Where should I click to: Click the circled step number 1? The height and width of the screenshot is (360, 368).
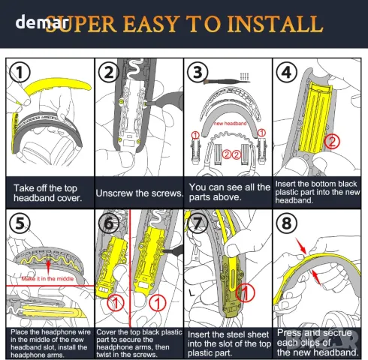point(20,72)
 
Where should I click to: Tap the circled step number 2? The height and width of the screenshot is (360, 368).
point(109,72)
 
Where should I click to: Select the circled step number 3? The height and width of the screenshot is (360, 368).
point(198,72)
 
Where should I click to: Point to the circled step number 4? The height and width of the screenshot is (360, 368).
point(287,72)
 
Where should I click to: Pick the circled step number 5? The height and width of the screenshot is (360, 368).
point(20,223)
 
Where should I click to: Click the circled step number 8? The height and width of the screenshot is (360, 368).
point(287,223)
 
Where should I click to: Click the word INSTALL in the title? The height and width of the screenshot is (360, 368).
point(275,24)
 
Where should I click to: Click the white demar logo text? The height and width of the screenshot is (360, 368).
point(41,22)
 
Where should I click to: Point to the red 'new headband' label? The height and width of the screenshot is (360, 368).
point(230,123)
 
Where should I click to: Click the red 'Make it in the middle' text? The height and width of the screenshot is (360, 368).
point(47,278)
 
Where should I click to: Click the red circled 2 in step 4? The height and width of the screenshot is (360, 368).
point(332,142)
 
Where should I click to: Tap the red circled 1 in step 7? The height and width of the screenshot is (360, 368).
point(245,293)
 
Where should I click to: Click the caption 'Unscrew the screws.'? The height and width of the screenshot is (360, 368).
point(140,193)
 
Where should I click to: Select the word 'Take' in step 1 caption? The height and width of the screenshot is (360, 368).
point(23,187)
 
